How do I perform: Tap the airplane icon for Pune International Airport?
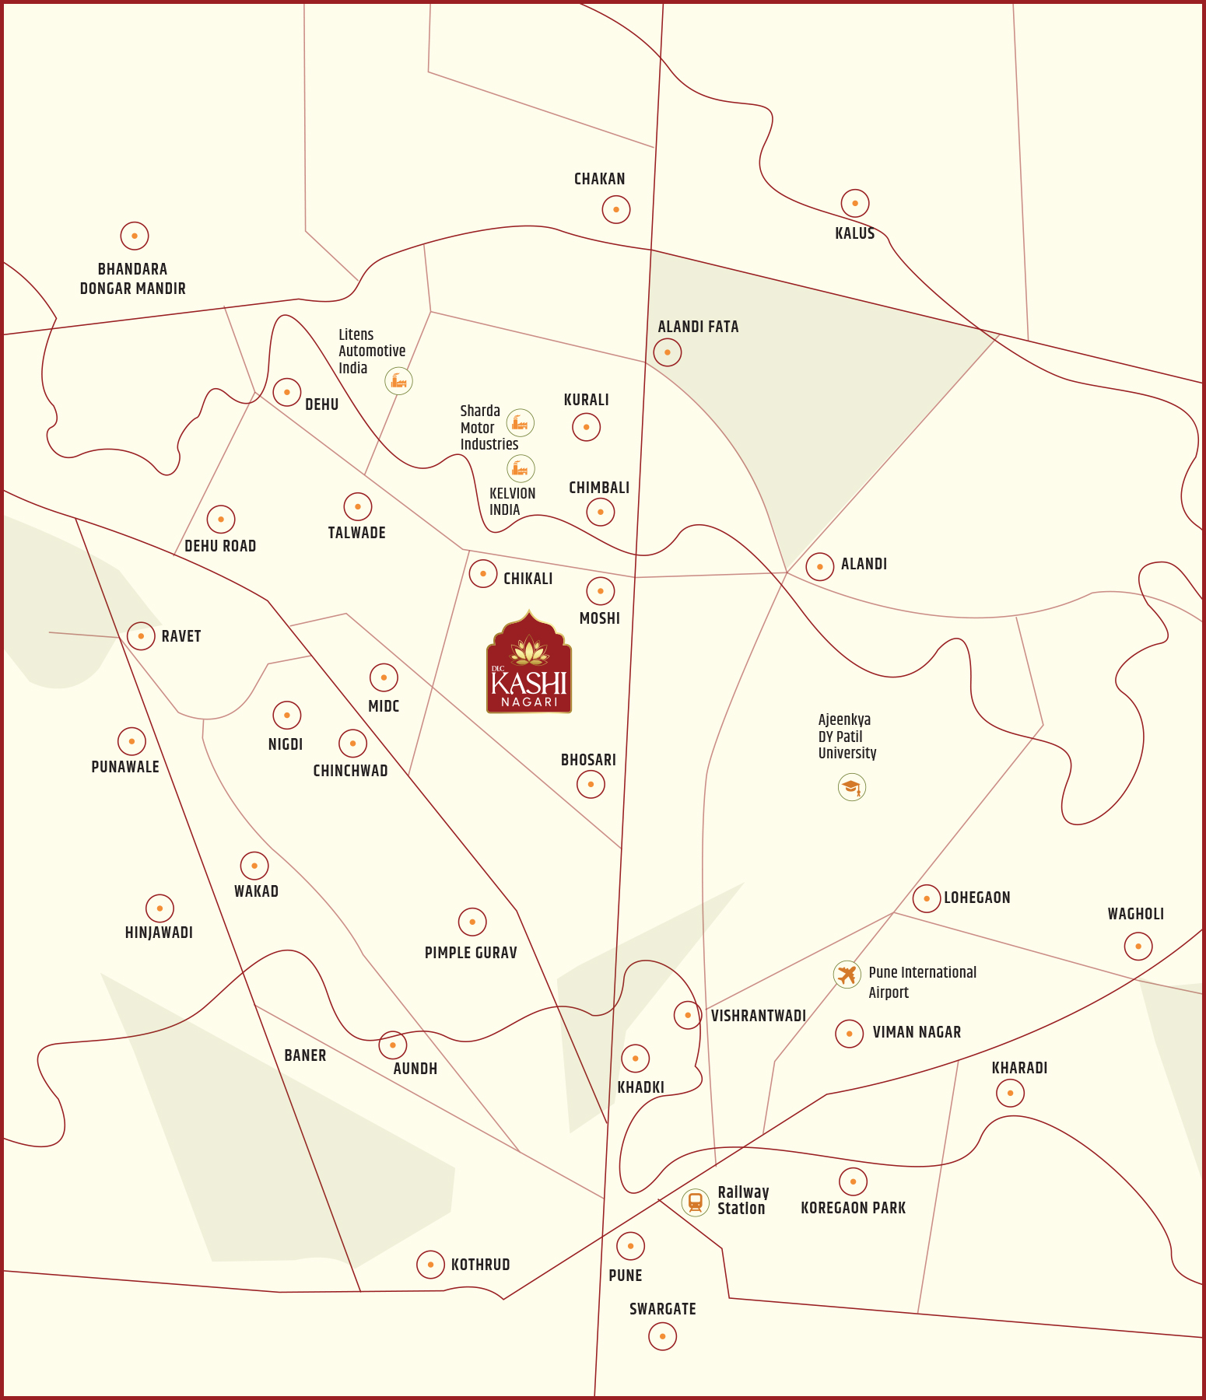[847, 974]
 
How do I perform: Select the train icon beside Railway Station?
[695, 1202]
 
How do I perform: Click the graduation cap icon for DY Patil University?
[852, 787]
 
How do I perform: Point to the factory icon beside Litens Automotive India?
[399, 380]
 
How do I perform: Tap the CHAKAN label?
[599, 179]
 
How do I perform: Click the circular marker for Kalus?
[855, 204]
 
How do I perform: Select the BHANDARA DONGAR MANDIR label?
[133, 278]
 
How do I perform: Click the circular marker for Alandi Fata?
[668, 352]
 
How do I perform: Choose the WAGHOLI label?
[1135, 914]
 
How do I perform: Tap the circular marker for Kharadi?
[1010, 1093]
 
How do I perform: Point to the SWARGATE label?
[663, 1309]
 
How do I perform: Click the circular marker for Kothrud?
[430, 1265]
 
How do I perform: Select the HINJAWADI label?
[159, 933]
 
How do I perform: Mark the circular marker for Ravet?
[141, 636]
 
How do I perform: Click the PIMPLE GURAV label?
[471, 953]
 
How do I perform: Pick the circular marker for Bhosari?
[591, 784]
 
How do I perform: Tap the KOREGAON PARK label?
[853, 1208]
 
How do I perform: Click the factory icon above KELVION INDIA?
[521, 468]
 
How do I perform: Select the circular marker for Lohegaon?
[926, 898]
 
